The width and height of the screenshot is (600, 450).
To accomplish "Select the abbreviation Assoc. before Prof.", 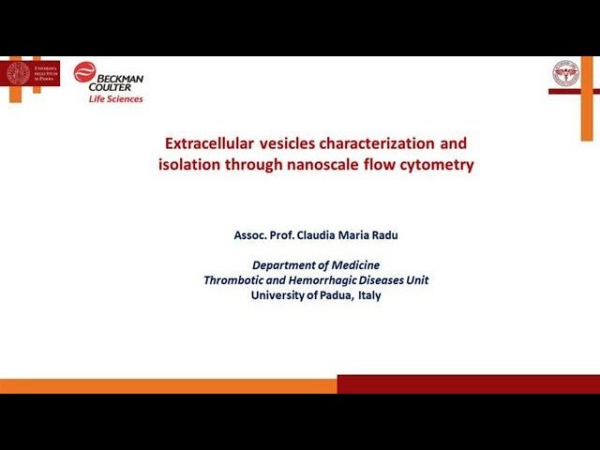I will [251, 235].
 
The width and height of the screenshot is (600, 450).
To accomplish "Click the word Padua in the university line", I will [331, 295].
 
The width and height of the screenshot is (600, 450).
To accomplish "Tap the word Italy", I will [368, 295].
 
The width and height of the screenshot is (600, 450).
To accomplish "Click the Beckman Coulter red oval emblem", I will [85, 72].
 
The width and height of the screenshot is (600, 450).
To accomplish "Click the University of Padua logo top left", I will [32, 73].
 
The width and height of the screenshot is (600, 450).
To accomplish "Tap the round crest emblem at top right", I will [565, 73].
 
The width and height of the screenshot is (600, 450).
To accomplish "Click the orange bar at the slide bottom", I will [169, 384].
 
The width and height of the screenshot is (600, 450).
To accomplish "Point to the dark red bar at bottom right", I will [468, 384].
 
